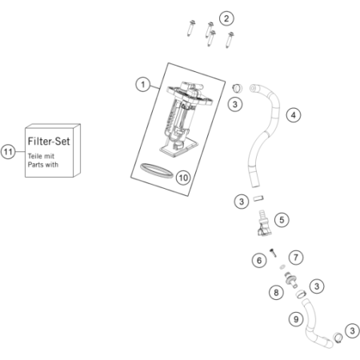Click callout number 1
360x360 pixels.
143,85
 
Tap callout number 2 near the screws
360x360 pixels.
226,18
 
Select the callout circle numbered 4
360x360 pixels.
294,115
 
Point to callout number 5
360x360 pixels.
282,220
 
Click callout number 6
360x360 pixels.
259,261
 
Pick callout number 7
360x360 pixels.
296,258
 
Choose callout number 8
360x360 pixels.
276,293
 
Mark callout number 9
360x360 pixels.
296,319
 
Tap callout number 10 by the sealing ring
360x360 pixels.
183,178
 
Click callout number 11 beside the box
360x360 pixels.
8,152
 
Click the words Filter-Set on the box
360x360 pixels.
49,141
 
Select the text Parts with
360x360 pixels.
43,165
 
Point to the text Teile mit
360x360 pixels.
41,156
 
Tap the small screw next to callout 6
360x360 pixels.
273,252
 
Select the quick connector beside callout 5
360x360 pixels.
264,223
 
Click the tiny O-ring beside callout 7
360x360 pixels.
282,266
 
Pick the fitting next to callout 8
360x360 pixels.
291,280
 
